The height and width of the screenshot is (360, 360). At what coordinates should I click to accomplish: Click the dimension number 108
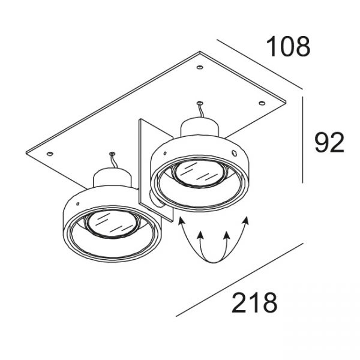click(289, 47)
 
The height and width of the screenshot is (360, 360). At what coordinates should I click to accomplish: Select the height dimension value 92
click(329, 143)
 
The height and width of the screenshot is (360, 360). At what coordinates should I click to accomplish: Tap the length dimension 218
click(254, 302)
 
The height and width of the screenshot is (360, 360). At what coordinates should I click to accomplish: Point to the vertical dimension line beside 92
click(302, 140)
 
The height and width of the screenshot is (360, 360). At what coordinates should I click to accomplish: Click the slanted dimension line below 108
click(260, 64)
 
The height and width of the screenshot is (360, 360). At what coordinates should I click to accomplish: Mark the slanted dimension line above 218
click(239, 280)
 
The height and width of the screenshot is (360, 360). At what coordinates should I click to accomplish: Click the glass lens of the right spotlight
click(198, 173)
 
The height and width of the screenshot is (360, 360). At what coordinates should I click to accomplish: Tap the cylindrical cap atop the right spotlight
click(199, 127)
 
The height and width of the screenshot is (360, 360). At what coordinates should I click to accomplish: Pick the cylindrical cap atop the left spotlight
click(112, 177)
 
